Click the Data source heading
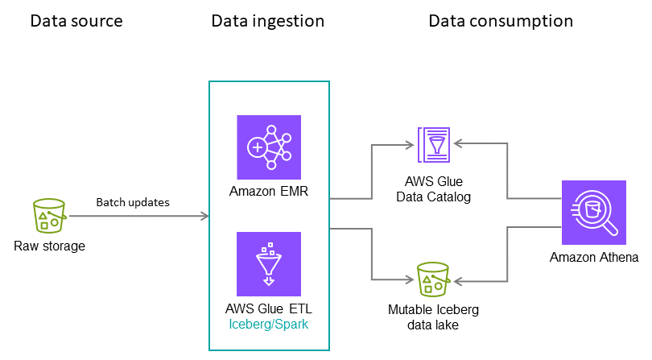(76, 21)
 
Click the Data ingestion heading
(267, 21)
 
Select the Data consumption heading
(500, 21)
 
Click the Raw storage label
(49, 246)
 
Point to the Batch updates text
(133, 202)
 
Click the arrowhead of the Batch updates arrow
(204, 216)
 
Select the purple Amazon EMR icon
(269, 147)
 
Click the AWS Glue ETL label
(269, 308)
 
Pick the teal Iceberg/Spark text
(269, 324)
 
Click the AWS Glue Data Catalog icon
(435, 145)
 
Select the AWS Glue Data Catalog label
(435, 189)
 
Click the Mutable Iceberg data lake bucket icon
(433, 280)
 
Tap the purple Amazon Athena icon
(594, 211)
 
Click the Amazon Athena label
(594, 258)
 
